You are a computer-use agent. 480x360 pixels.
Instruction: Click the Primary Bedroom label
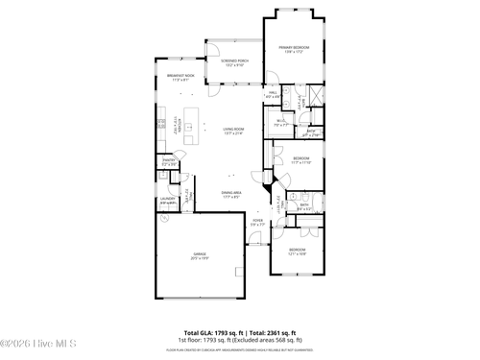pyautogui.click(x=294, y=48)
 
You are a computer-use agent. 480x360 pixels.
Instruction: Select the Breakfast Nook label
pyautogui.click(x=180, y=78)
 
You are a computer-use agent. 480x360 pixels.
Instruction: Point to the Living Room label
pyautogui.click(x=234, y=131)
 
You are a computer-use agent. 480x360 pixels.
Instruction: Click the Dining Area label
pyautogui.click(x=231, y=195)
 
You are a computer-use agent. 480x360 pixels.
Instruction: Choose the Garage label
pyautogui.click(x=198, y=256)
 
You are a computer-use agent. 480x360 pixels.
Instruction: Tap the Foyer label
pyautogui.click(x=257, y=223)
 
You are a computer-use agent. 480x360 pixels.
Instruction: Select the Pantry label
pyautogui.click(x=168, y=163)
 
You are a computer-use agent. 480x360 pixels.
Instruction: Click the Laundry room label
pyautogui.click(x=167, y=201)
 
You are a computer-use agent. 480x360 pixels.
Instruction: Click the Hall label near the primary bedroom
pyautogui.click(x=273, y=94)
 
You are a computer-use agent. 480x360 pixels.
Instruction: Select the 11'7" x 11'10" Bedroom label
pyautogui.click(x=300, y=159)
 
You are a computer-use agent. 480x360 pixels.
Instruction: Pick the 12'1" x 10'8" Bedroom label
pyautogui.click(x=298, y=252)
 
